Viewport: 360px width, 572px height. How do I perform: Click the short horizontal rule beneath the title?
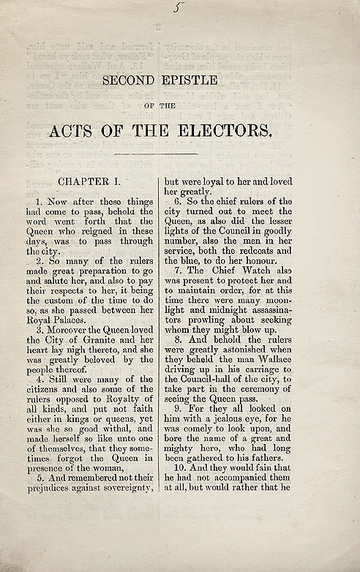pyautogui.click(x=156, y=154)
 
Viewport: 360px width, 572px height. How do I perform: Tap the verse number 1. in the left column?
pyautogui.click(x=40, y=200)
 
